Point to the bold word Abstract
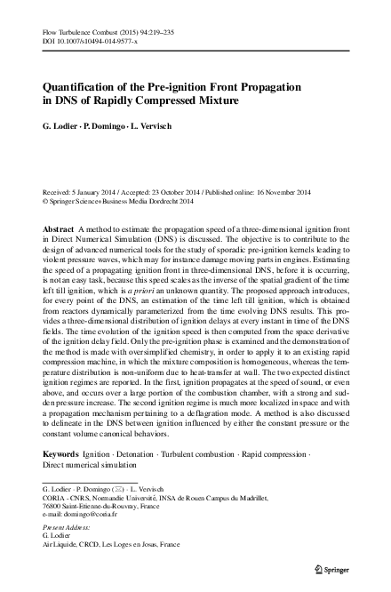pyautogui.click(x=59, y=228)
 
